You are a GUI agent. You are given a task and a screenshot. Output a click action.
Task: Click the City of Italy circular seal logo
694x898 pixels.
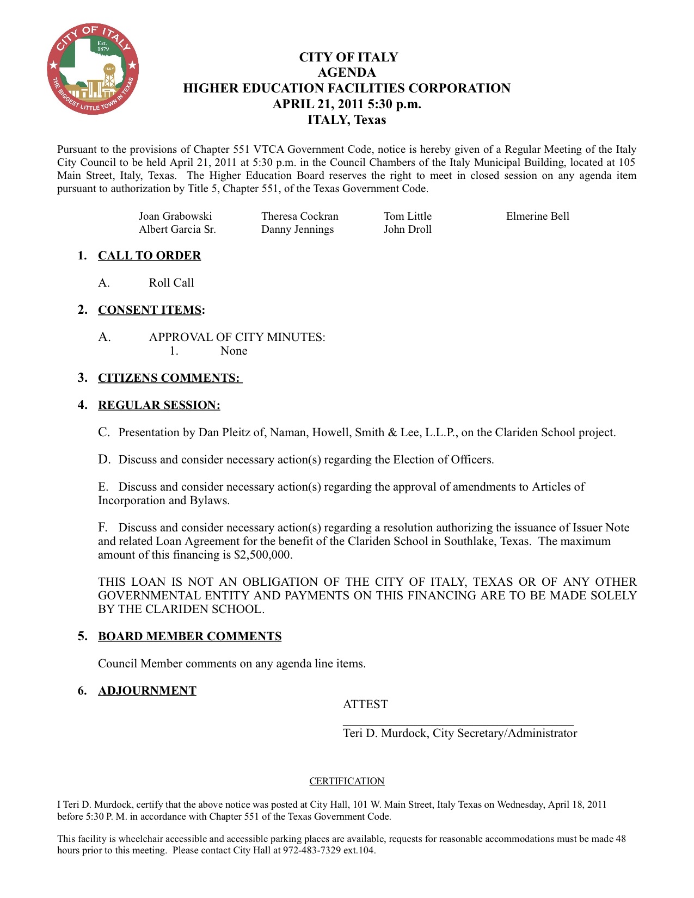(93, 69)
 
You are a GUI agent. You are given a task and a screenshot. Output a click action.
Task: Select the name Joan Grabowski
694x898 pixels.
(175, 216)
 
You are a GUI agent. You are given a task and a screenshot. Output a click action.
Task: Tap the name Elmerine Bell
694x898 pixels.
(537, 216)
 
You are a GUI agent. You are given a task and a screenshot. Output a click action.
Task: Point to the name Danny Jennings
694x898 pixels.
(297, 230)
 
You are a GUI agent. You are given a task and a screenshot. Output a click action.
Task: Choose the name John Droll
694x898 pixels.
(407, 230)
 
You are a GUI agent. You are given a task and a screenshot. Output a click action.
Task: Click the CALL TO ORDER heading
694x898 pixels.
(149, 256)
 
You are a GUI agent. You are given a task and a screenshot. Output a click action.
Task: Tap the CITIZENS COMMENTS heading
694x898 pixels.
(169, 378)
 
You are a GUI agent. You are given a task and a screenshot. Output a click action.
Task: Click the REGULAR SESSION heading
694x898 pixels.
(159, 405)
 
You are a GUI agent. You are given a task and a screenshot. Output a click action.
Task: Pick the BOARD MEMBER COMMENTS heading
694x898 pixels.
(189, 636)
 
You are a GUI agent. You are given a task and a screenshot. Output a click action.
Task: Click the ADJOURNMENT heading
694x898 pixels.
(147, 691)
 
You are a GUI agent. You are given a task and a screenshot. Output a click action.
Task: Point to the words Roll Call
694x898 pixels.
(171, 283)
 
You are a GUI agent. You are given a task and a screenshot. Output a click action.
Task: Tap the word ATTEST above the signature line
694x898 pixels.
(365, 704)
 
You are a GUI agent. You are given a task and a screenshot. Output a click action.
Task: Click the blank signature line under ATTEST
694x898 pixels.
(458, 724)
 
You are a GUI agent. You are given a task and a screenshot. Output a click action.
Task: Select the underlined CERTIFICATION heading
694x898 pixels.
(347, 781)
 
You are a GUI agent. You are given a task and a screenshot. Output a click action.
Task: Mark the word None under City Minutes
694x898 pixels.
(234, 351)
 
